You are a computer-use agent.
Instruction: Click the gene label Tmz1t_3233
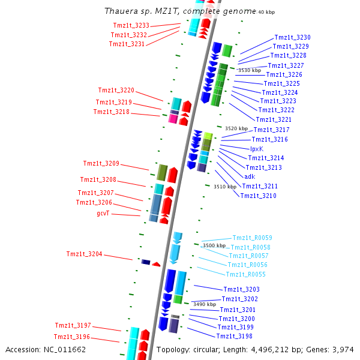pos(131,25)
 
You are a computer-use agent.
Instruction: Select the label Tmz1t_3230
pos(292,37)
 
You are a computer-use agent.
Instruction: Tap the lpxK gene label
pos(256,149)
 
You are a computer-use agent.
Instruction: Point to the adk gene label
pos(250,176)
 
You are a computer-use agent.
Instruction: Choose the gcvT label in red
pos(103,213)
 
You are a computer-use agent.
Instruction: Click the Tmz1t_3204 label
pos(84,254)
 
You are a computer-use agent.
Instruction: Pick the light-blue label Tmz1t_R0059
pos(252,238)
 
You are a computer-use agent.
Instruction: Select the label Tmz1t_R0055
pos(245,274)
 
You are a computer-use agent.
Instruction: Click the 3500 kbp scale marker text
pos(214,245)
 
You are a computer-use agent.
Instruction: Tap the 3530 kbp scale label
pos(250,70)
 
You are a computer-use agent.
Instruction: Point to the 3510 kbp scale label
pos(225,187)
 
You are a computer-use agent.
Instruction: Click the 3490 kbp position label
pos(204,304)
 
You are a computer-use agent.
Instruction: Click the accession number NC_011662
pos(66,349)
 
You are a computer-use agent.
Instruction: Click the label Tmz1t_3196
pos(72,337)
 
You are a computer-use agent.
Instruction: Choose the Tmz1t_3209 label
pos(101,163)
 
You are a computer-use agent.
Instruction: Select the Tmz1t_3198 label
pos(235,336)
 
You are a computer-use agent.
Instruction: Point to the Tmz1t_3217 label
pos(271,130)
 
